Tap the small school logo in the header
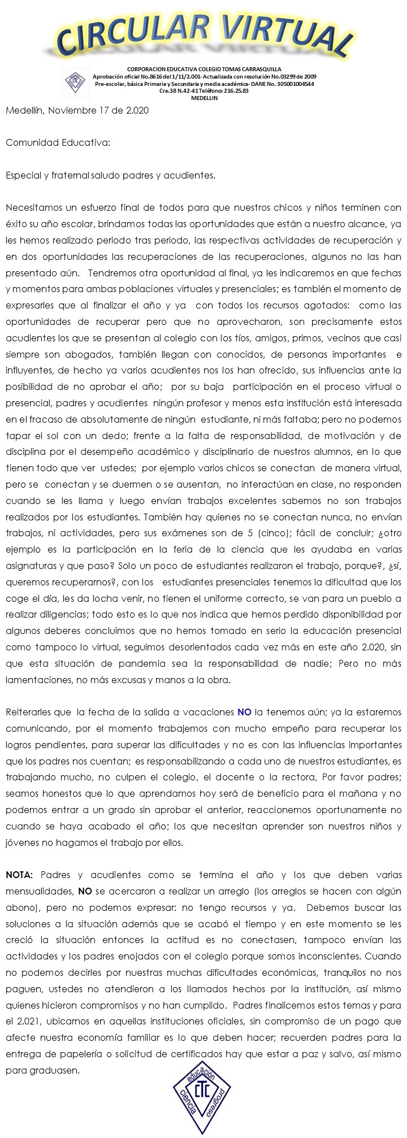click(73, 82)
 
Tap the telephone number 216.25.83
click(230, 90)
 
